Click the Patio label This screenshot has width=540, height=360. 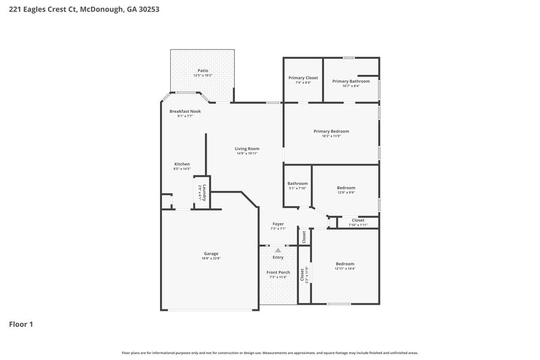click(202, 70)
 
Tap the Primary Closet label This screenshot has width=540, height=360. click(303, 78)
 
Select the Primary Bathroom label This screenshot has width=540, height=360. click(351, 81)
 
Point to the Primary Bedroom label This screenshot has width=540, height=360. click(331, 131)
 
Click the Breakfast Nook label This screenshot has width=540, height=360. click(185, 111)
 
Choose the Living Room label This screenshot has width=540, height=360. click(247, 149)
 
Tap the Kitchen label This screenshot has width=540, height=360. click(182, 164)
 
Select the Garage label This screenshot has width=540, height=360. click(211, 253)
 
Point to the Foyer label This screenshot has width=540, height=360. click(278, 224)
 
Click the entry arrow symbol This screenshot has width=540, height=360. click(277, 250)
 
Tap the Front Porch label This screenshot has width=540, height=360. click(278, 272)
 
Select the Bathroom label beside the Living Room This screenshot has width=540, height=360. click(298, 183)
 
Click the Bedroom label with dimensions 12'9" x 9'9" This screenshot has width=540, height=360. click(346, 188)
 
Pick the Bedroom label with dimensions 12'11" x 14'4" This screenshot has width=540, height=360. click(345, 263)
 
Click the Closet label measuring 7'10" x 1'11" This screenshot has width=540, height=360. click(358, 220)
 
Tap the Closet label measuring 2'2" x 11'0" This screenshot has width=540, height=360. click(302, 275)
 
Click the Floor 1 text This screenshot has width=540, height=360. click(21, 324)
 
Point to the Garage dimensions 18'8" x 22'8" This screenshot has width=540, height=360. click(211, 258)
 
